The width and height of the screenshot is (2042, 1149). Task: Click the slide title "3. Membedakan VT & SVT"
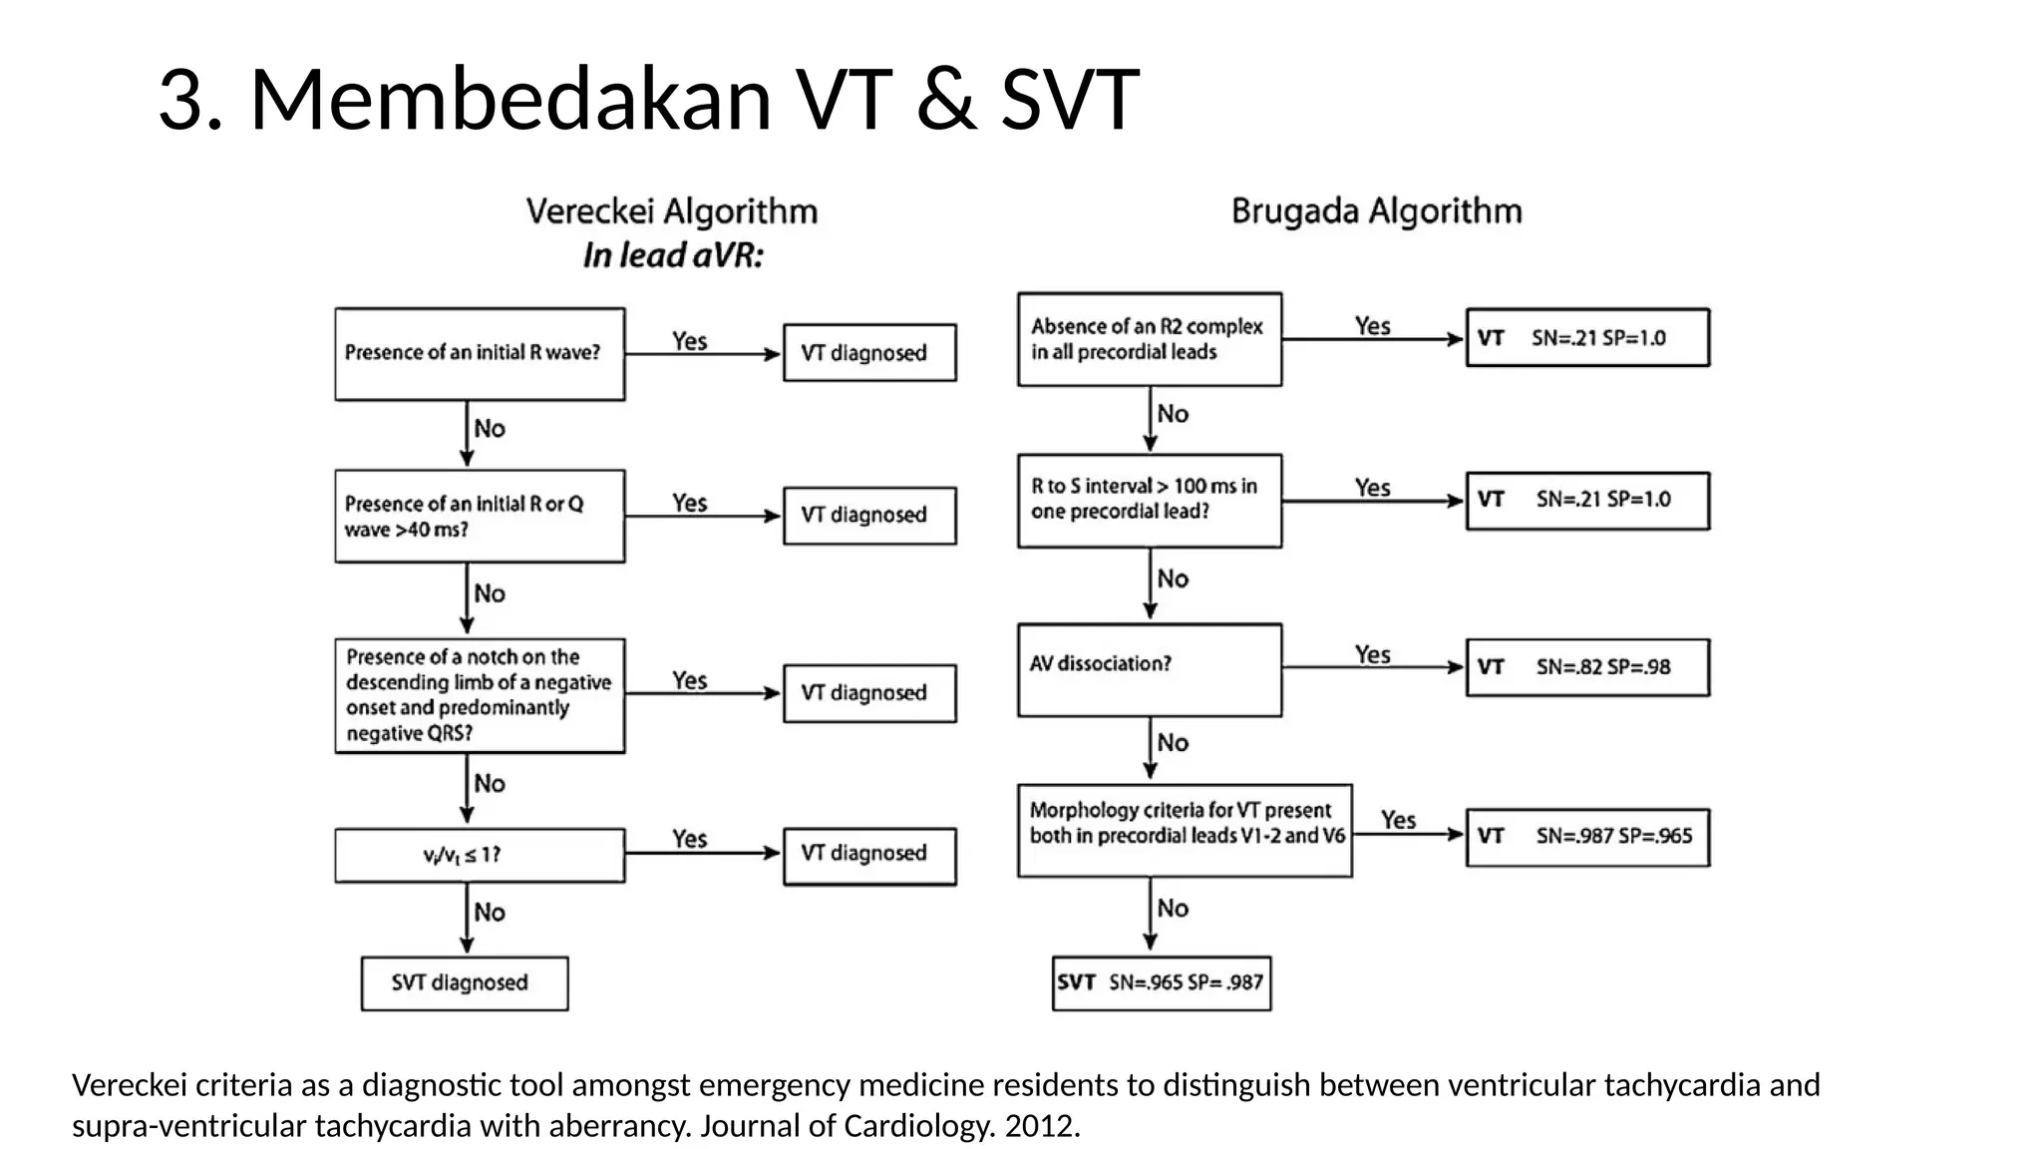click(648, 100)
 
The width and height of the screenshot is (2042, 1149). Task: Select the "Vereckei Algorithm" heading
click(672, 211)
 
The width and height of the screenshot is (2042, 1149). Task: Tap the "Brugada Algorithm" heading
click(1376, 211)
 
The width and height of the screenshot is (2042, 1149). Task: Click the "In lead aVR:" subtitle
click(673, 256)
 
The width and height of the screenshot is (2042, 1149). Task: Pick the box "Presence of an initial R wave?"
click(480, 354)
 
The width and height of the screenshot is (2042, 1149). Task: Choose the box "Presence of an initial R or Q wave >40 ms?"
click(480, 516)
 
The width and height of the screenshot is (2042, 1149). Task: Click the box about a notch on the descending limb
click(480, 695)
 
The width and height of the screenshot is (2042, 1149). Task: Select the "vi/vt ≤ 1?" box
click(480, 855)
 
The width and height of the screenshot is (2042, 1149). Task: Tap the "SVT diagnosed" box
click(465, 983)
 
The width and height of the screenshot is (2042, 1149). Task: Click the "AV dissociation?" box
click(1149, 669)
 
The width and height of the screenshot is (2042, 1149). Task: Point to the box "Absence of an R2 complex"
click(1149, 339)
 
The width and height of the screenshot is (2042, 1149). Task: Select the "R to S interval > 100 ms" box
click(1149, 500)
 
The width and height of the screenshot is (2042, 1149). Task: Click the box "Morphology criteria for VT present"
click(1185, 830)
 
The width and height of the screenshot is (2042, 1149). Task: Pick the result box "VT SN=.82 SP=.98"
click(1587, 667)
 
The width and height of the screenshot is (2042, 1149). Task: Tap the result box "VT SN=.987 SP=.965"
click(1587, 837)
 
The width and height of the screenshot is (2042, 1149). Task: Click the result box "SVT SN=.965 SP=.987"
click(1162, 983)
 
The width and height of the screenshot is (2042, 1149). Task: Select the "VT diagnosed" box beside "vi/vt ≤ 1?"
click(869, 855)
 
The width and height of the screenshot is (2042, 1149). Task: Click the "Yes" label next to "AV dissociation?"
click(1372, 654)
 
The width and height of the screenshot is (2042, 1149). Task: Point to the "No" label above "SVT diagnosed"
click(490, 912)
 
